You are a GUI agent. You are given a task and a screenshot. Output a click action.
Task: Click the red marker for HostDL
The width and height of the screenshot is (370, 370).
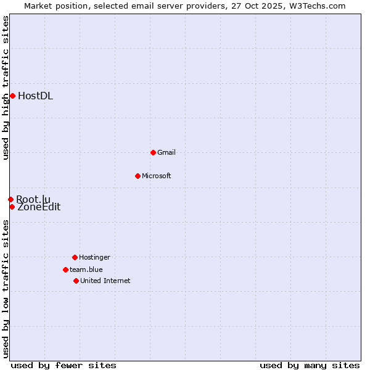(12, 96)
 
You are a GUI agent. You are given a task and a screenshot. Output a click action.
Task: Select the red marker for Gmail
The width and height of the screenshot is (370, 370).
(153, 152)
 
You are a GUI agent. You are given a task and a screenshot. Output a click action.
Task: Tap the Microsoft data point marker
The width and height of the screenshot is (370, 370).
(138, 176)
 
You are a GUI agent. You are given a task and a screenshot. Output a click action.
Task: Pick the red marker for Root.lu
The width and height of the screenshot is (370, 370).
(10, 199)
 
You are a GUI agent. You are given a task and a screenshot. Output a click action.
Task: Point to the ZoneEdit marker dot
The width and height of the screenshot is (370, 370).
(12, 207)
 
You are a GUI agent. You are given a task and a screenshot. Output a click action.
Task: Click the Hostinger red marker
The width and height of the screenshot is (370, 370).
(75, 257)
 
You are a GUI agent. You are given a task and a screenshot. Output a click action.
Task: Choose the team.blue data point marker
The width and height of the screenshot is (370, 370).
(65, 269)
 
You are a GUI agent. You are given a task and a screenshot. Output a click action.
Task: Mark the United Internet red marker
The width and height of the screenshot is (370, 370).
(76, 281)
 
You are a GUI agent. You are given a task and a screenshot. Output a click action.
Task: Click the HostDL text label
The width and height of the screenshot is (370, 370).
(35, 96)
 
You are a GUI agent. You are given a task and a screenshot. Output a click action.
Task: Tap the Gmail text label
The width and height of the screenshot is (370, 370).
(166, 152)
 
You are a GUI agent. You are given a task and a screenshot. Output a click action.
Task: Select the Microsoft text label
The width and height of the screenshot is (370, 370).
(157, 176)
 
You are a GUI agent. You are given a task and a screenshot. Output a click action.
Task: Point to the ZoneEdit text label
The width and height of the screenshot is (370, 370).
(39, 207)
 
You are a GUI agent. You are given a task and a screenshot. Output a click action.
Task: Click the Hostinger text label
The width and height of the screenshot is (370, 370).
(94, 257)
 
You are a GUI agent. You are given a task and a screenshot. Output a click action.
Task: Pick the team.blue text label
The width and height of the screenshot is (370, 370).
(86, 269)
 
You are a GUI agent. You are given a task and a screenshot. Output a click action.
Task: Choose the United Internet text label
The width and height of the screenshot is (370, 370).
(105, 281)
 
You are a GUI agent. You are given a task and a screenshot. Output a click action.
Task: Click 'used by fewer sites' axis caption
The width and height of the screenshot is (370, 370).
(64, 365)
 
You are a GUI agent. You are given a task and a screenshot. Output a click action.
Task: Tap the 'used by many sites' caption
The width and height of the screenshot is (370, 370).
(310, 365)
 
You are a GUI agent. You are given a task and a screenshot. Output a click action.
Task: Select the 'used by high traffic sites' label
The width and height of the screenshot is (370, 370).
(6, 88)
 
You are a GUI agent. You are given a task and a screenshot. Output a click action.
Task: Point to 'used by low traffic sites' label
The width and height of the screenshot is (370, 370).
(6, 288)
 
